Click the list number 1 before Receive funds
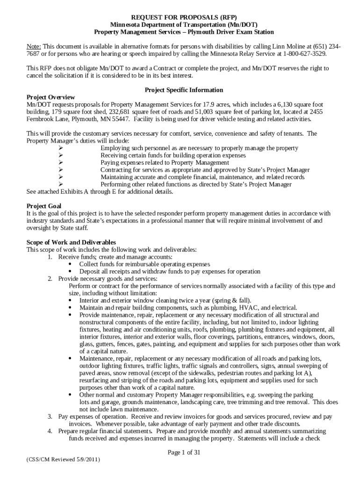point(50,257)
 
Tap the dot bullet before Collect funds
point(70,264)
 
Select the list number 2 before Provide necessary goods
point(50,278)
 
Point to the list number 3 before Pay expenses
point(50,416)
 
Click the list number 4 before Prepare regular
point(50,431)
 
